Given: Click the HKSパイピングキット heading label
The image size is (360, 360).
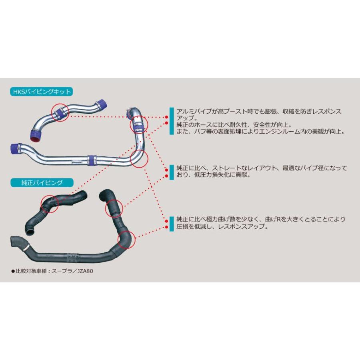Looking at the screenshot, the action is pos(41,92).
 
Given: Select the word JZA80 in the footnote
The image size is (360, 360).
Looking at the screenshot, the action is pos(87,271).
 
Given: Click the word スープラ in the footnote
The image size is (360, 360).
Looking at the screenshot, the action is pos(65,271).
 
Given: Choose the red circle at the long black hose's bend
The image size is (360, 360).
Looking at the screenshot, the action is pos(127,240).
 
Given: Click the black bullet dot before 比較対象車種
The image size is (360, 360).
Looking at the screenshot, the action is pos(13,271).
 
